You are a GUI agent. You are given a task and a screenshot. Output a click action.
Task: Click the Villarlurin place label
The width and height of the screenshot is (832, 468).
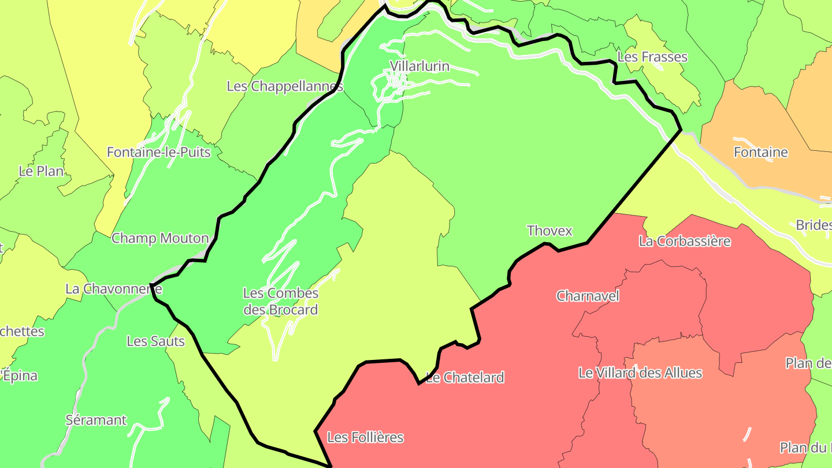point(419,66)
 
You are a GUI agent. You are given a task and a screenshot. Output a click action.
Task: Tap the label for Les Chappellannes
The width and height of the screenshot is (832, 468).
point(285,87)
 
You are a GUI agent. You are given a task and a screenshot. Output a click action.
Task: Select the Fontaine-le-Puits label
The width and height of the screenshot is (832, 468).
point(159,153)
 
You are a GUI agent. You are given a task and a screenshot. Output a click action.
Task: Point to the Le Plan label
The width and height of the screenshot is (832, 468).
point(41,171)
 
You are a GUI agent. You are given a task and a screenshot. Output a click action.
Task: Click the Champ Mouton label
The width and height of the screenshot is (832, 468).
point(160,238)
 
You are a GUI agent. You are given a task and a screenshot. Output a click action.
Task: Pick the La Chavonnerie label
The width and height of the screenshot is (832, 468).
point(114,289)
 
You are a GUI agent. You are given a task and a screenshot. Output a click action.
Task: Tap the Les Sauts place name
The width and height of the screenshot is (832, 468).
point(155,341)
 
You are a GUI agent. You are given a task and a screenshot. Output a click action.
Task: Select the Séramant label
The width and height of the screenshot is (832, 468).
point(96,420)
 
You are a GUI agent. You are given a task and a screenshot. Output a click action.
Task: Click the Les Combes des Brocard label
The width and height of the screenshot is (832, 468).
point(281,301)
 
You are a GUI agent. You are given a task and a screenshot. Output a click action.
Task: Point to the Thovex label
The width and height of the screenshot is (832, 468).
point(549,231)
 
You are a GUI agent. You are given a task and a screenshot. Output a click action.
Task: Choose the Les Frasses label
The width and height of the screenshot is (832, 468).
point(652,57)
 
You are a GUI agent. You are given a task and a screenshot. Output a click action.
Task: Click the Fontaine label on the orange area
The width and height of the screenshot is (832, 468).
point(760,153)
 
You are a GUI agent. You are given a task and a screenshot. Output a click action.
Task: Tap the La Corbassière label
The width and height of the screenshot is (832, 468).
point(685,241)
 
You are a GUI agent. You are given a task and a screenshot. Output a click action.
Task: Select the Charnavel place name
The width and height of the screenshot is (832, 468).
point(588,296)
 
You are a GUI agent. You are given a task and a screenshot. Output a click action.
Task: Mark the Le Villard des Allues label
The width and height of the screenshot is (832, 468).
point(640,373)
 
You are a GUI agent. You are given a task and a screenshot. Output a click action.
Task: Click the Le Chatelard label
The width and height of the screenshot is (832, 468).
point(465,378)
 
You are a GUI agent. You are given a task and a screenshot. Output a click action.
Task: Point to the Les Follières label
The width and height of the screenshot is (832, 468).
point(365,437)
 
